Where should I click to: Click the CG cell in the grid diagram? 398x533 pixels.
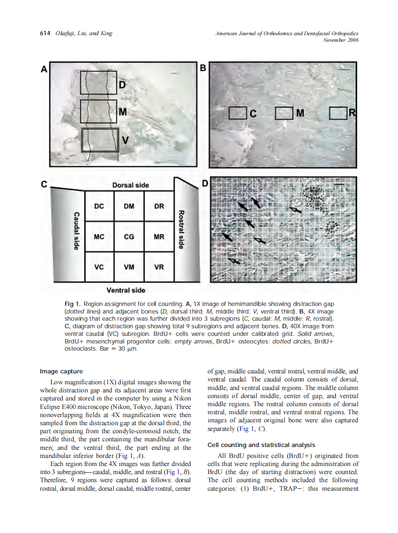(x=129, y=237)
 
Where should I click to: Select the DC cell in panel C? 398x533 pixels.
(x=99, y=206)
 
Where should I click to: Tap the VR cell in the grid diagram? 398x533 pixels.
(x=159, y=267)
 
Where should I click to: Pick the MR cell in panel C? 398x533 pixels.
(x=159, y=237)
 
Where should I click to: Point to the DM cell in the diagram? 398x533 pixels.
(x=129, y=206)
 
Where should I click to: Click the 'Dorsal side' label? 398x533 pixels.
(x=130, y=185)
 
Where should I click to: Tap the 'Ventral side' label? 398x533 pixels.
(x=126, y=290)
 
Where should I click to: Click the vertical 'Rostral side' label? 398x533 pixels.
(x=180, y=229)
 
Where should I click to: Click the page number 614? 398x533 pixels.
(x=45, y=33)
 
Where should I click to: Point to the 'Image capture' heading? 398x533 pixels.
(x=61, y=371)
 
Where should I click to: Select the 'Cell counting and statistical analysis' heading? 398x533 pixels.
(x=261, y=445)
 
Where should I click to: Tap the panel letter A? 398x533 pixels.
(x=44, y=69)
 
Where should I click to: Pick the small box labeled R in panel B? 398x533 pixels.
(x=338, y=113)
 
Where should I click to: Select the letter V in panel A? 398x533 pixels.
(x=125, y=140)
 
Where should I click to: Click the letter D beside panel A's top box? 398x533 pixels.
(x=122, y=85)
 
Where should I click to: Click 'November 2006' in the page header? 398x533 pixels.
(x=341, y=40)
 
